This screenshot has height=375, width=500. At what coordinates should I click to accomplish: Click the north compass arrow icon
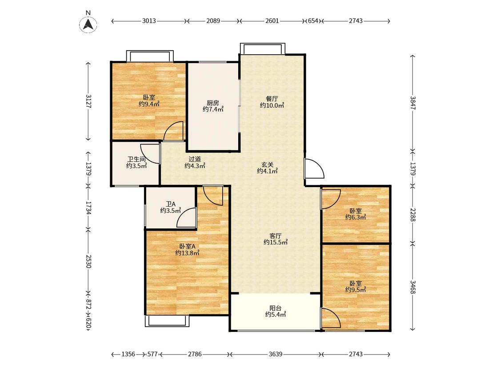pos(88,24)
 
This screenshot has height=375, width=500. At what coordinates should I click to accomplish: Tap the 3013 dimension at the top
pos(149,21)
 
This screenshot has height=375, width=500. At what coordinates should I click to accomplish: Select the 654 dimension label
pos(313,21)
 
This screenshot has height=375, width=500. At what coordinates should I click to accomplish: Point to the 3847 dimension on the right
pos(413,103)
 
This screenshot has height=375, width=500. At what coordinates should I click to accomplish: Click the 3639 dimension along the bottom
pos(275,354)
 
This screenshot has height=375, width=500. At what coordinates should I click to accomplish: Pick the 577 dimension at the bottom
pos(152,354)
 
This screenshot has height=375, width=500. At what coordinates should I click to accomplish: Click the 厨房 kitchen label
pos(213,103)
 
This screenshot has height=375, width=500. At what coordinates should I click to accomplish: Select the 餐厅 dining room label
pos(272,99)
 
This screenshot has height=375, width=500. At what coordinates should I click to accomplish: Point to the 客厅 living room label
pos(276,236)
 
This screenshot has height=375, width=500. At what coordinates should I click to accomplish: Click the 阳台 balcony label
pos(276,308)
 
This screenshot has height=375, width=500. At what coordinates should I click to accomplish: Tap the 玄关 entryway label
pos(268,165)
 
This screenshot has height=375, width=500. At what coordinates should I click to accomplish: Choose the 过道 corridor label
pos(195,159)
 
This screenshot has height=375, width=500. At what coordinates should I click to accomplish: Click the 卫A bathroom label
pos(171,204)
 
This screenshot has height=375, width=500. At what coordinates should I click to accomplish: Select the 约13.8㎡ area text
pos(187,253)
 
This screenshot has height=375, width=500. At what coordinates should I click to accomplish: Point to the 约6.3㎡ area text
pos(356,217)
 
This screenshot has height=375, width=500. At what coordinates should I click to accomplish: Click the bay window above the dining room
pos(263,48)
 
